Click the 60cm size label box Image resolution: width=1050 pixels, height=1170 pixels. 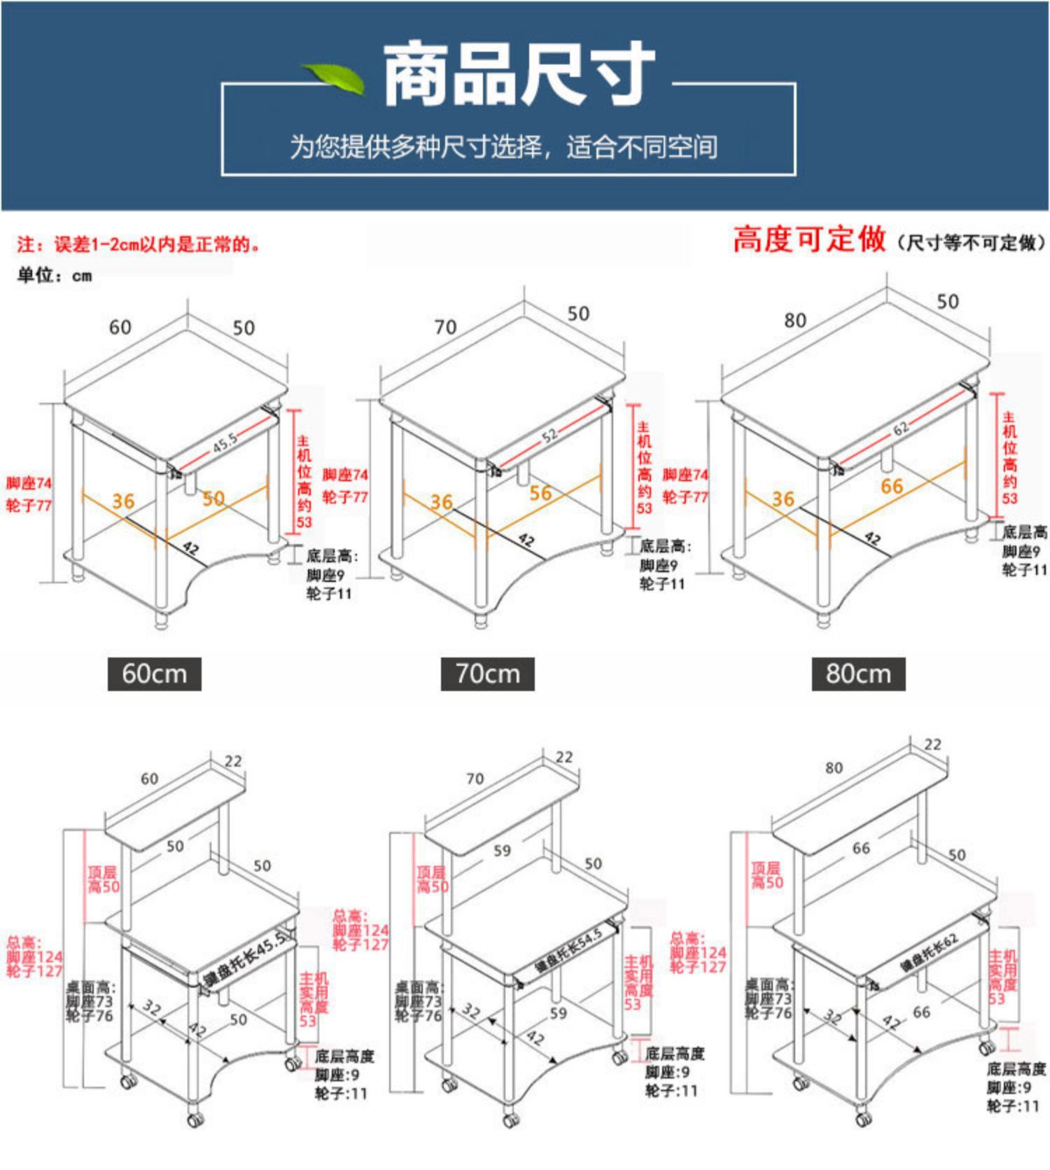(x=154, y=674)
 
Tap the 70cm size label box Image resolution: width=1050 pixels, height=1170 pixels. (x=488, y=674)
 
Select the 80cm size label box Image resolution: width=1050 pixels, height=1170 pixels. (x=858, y=674)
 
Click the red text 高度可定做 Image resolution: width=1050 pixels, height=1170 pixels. (x=809, y=239)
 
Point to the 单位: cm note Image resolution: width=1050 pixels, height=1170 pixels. (x=55, y=275)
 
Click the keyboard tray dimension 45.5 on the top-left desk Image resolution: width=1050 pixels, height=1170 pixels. (x=225, y=443)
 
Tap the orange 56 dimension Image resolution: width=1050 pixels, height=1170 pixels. (x=540, y=493)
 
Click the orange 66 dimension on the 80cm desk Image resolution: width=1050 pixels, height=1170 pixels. (x=892, y=486)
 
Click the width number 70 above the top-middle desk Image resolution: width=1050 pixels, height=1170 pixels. (x=445, y=327)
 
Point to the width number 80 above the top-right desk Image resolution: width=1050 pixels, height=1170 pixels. (x=795, y=320)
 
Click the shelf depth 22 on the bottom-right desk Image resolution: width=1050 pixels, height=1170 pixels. (x=933, y=744)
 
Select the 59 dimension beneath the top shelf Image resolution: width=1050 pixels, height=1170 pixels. (x=502, y=851)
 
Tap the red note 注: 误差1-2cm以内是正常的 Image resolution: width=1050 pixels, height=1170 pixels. (x=139, y=244)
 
